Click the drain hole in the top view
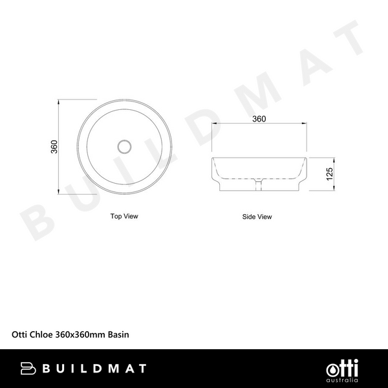(124, 146)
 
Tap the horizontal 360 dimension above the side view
(259, 119)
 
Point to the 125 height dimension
(329, 173)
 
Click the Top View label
(124, 216)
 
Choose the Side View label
(257, 217)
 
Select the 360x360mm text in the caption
(81, 335)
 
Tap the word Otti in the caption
(20, 335)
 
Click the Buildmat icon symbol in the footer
(28, 369)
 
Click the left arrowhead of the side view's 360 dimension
(213, 125)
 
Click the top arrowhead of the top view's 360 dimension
(59, 102)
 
